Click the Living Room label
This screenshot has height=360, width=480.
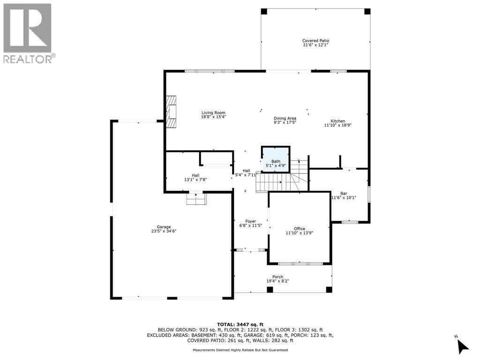pyautogui.click(x=214, y=112)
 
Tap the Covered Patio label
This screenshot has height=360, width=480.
pyautogui.click(x=315, y=41)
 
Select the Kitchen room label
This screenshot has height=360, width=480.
pyautogui.click(x=337, y=121)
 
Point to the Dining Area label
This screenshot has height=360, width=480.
pyautogui.click(x=285, y=119)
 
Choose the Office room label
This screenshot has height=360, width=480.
pyautogui.click(x=299, y=228)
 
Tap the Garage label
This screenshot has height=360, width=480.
pyautogui.click(x=164, y=226)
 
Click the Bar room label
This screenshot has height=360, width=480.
pyautogui.click(x=344, y=193)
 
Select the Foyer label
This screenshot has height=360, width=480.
pyautogui.click(x=250, y=221)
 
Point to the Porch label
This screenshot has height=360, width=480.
pyautogui.click(x=277, y=277)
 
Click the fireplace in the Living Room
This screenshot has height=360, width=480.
pyautogui.click(x=172, y=112)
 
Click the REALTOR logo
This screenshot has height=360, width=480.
pyautogui.click(x=28, y=33)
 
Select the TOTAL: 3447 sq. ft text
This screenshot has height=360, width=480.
pyautogui.click(x=240, y=324)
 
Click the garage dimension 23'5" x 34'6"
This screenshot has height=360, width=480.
pyautogui.click(x=164, y=231)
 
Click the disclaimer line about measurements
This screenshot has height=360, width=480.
pyautogui.click(x=240, y=350)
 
